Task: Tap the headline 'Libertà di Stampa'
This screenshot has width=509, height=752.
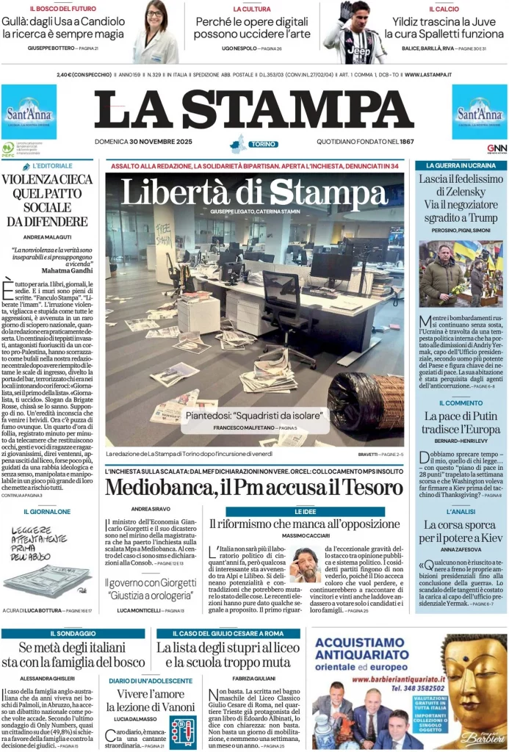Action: [254, 192]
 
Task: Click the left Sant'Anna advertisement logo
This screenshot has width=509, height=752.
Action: [29, 112]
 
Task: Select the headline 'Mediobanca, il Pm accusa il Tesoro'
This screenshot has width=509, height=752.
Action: [254, 487]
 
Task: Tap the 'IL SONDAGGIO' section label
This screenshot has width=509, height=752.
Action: [73, 633]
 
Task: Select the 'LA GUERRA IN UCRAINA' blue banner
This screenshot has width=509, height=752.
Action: [461, 165]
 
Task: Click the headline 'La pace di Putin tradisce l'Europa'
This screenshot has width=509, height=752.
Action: [461, 424]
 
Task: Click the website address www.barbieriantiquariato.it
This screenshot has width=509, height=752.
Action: [406, 679]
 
